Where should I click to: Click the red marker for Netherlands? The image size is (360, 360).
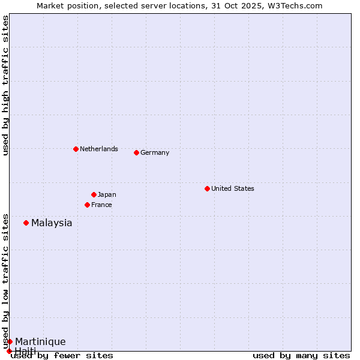pyautogui.click(x=76, y=149)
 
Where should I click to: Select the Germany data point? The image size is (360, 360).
pyautogui.click(x=136, y=152)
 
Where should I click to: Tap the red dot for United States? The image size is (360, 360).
pyautogui.click(x=207, y=188)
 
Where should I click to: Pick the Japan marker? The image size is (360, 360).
pyautogui.click(x=94, y=194)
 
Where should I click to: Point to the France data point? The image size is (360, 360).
pyautogui.click(x=87, y=205)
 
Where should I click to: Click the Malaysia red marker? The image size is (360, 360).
pyautogui.click(x=26, y=223)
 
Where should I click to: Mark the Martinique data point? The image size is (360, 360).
pyautogui.click(x=10, y=341)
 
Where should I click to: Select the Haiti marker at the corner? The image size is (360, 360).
pyautogui.click(x=9, y=351)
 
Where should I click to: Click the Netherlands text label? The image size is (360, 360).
pyautogui.click(x=99, y=149)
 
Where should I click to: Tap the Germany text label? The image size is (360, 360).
pyautogui.click(x=155, y=152)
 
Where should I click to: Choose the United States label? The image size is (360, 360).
pyautogui.click(x=233, y=188)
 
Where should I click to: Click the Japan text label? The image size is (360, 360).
pyautogui.click(x=107, y=194)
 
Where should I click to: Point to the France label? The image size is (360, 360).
pyautogui.click(x=101, y=205)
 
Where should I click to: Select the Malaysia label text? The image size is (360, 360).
pyautogui.click(x=52, y=223)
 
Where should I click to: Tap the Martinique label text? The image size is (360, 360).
pyautogui.click(x=40, y=342)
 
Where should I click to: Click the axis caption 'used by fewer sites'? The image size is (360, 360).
pyautogui.click(x=62, y=356)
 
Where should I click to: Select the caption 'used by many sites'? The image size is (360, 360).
pyautogui.click(x=301, y=356)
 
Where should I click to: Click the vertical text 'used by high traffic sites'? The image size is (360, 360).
pyautogui.click(x=5, y=85)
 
